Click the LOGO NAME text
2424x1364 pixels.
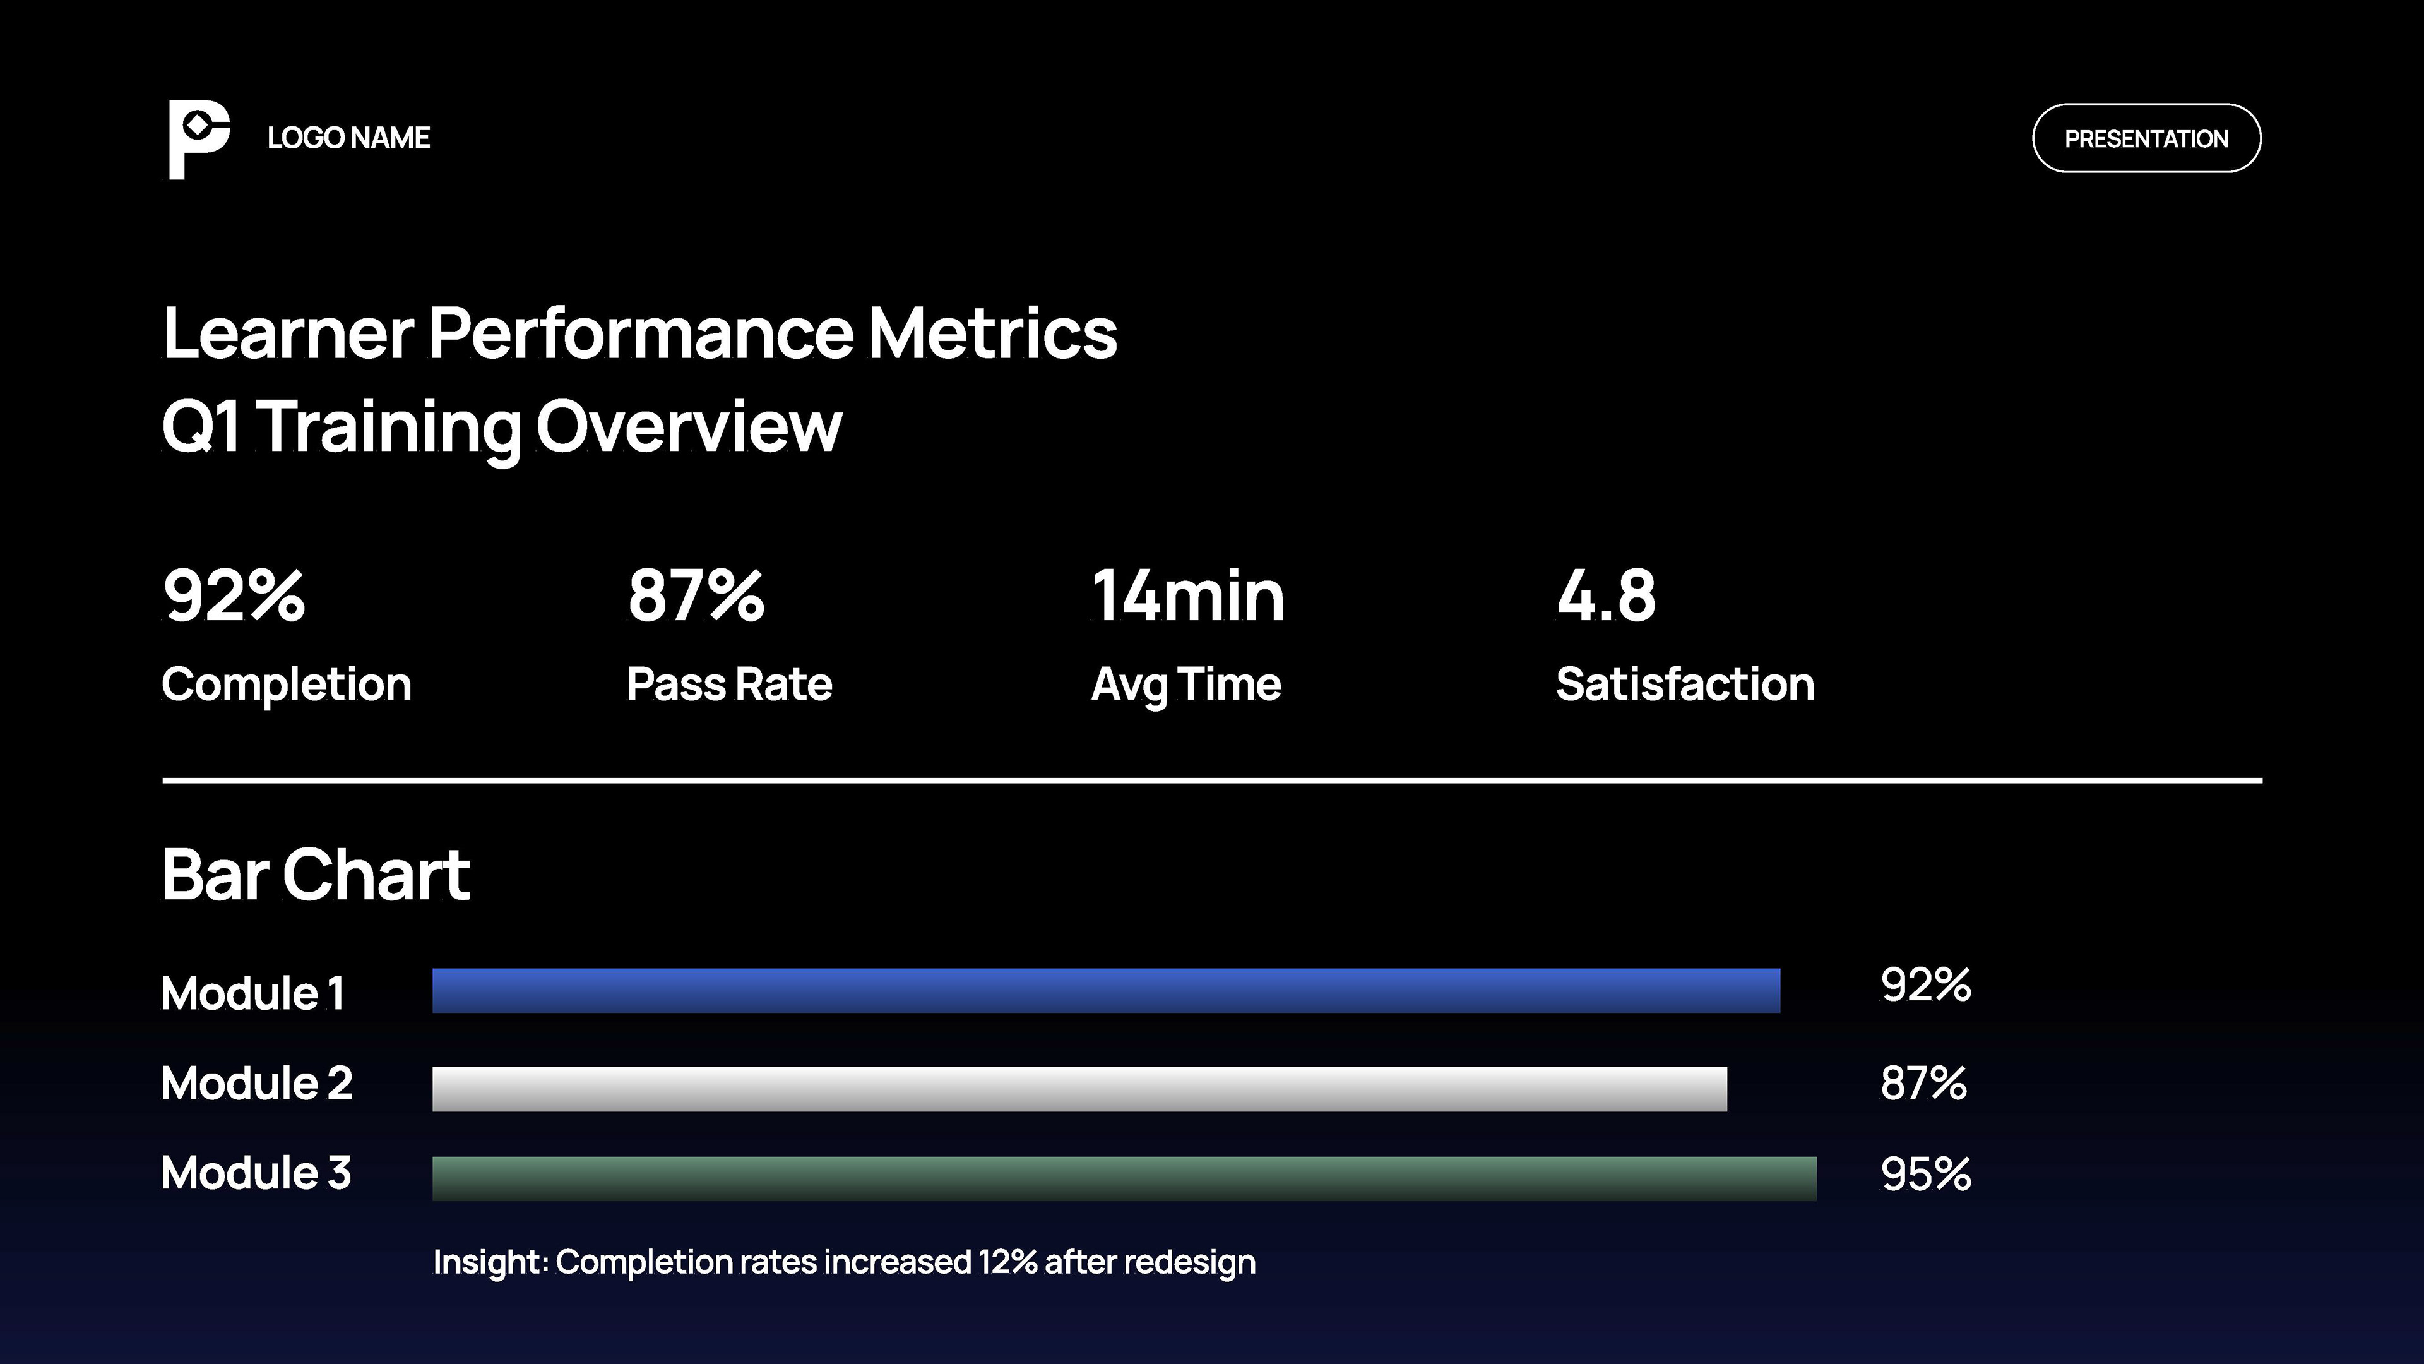pyautogui.click(x=348, y=138)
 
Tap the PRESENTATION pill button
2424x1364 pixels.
pyautogui.click(x=2146, y=138)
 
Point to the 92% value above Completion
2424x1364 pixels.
pyautogui.click(x=234, y=596)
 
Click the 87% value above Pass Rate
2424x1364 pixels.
pyautogui.click(x=696, y=596)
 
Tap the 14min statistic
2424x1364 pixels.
pyautogui.click(x=1187, y=596)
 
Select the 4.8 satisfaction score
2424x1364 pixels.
pyautogui.click(x=1605, y=596)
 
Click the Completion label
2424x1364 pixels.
pyautogui.click(x=286, y=685)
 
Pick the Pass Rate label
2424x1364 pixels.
pyautogui.click(x=729, y=685)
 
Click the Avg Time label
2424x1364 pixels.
pyautogui.click(x=1185, y=685)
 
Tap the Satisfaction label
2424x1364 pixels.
pyautogui.click(x=1684, y=685)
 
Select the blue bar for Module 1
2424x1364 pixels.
pyautogui.click(x=1106, y=990)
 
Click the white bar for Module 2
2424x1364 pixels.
pyautogui.click(x=1079, y=1089)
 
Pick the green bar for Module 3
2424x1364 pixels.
pyautogui.click(x=1124, y=1178)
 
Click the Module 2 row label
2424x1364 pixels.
pyautogui.click(x=256, y=1084)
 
